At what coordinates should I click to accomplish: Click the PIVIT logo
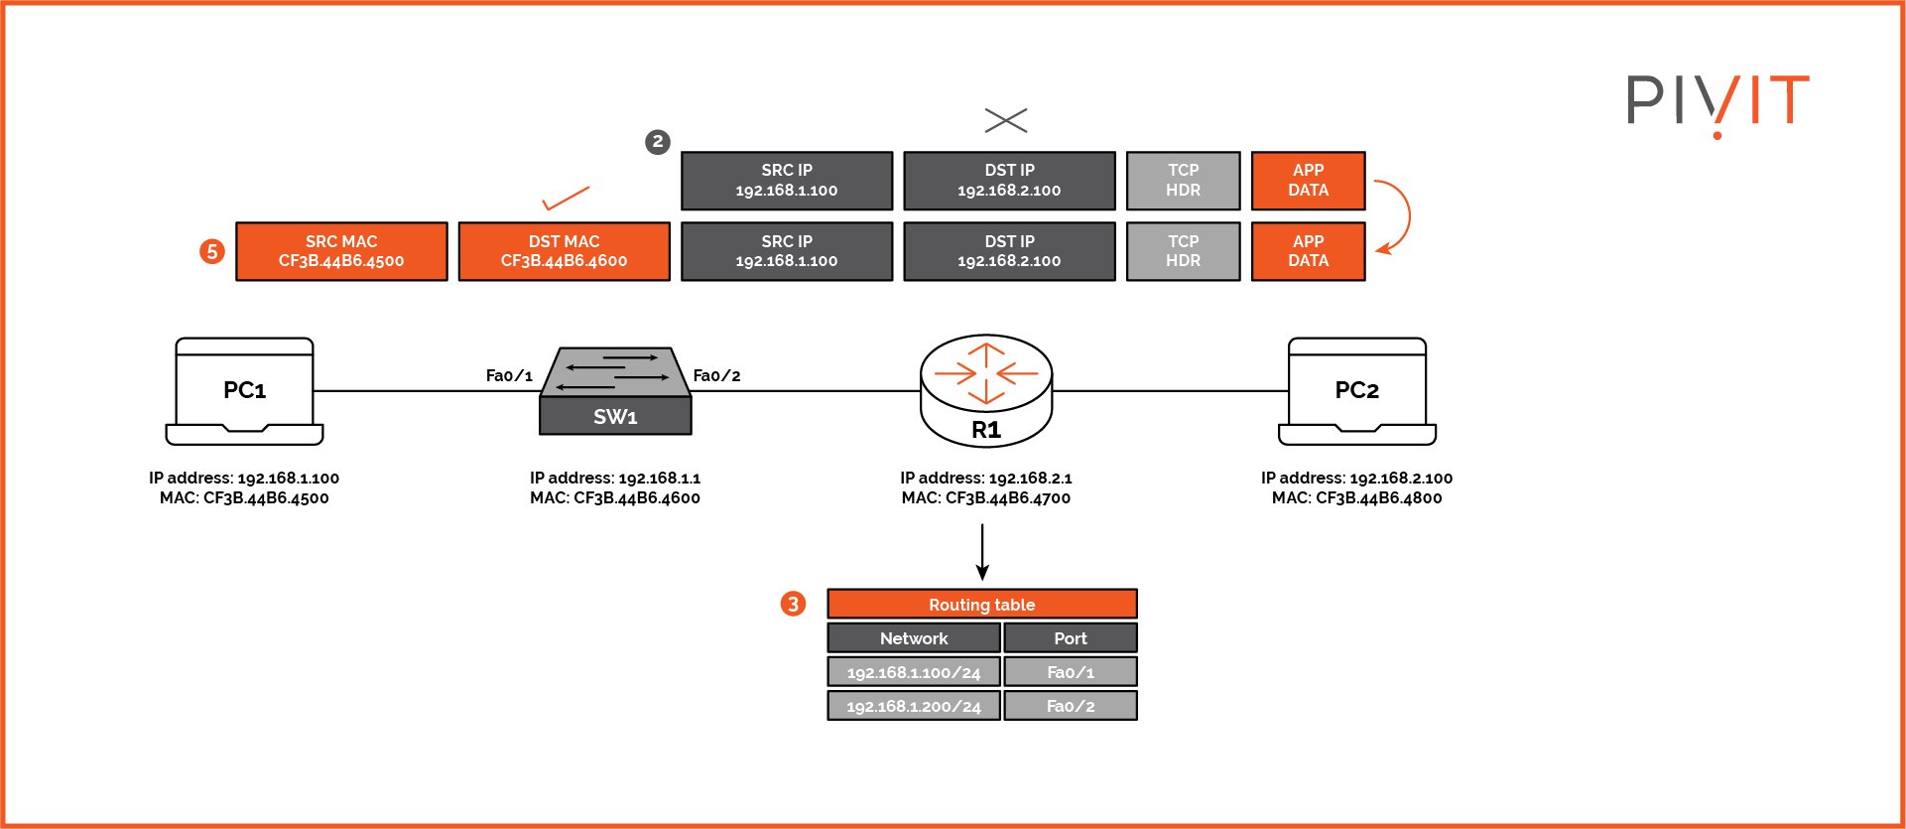pos(1717,102)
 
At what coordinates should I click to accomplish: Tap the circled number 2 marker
pos(657,142)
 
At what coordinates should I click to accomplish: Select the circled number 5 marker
pos(211,252)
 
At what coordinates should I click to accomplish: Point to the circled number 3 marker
pos(793,604)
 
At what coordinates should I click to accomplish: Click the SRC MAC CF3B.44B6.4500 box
pos(341,251)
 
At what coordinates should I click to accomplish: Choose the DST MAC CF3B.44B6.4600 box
pos(564,251)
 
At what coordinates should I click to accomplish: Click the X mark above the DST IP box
pos(1006,120)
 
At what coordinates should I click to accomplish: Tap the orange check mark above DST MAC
pos(566,199)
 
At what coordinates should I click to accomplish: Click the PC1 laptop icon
pos(244,391)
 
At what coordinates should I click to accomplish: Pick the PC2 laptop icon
pos(1356,391)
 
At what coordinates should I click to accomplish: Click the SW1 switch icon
pos(615,391)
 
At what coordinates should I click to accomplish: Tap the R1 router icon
pos(985,391)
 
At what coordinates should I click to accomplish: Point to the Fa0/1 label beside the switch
pos(509,375)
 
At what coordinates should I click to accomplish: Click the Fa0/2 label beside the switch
pos(716,375)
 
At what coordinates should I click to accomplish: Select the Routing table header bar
pos(981,604)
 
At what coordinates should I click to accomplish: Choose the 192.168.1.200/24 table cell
pos(913,706)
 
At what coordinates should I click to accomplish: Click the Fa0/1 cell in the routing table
pos(1070,672)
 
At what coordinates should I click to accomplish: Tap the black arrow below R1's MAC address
pos(981,552)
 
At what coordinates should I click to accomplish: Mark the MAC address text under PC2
pos(1356,498)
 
